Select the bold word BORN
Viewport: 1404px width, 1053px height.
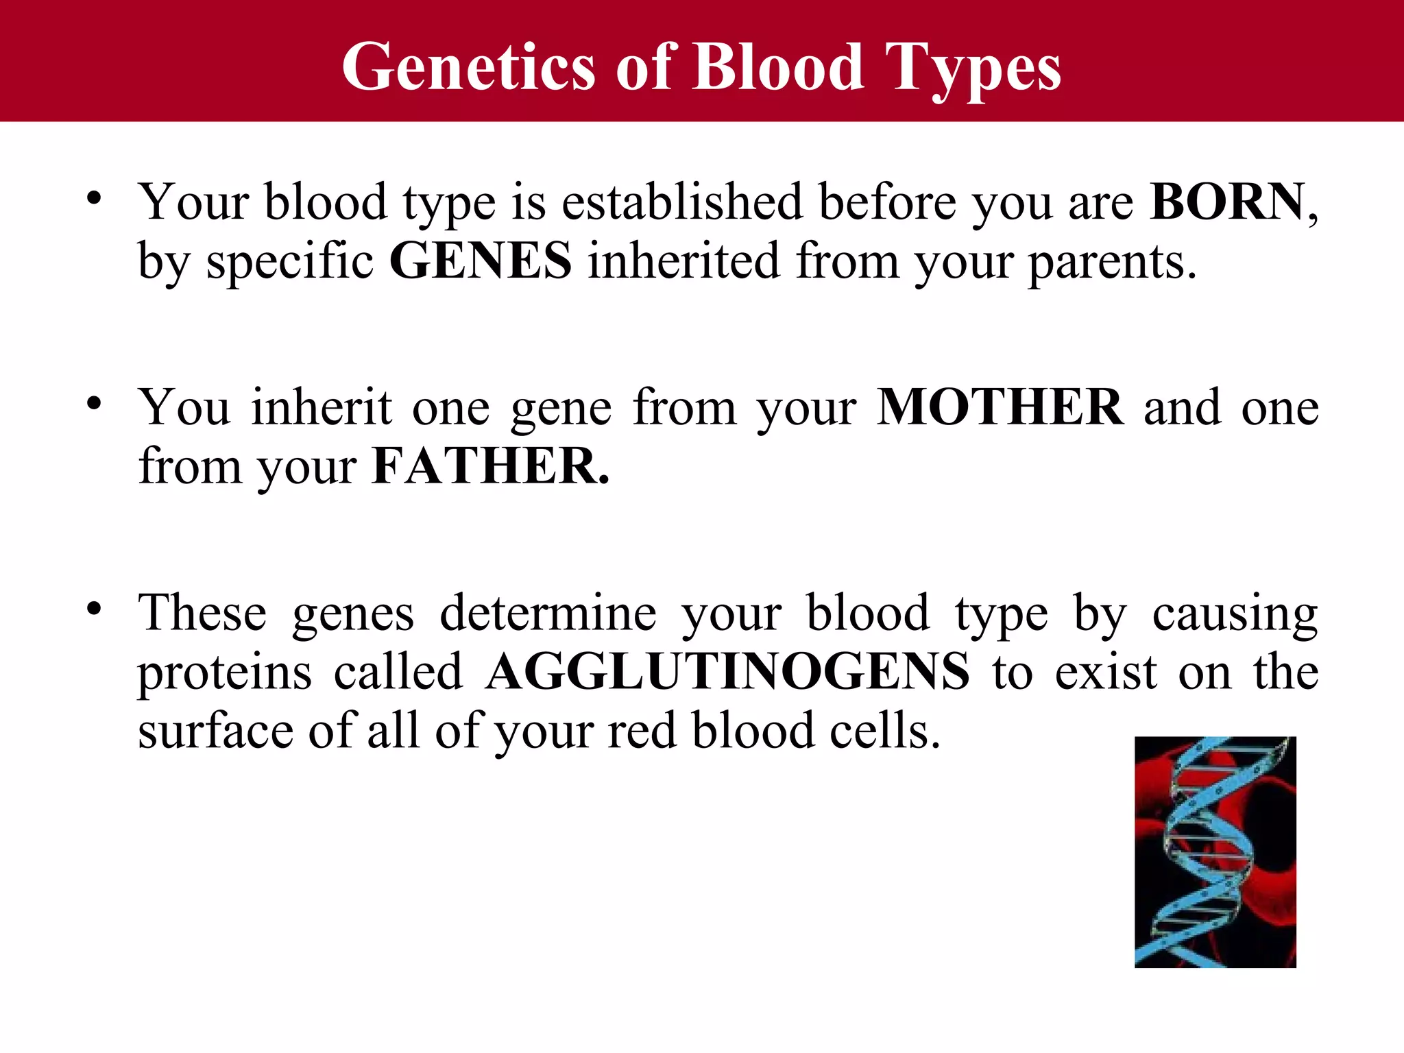click(1228, 202)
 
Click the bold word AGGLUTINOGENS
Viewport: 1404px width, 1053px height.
click(727, 671)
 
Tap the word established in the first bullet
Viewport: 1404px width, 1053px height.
click(682, 202)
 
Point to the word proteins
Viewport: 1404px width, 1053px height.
click(225, 673)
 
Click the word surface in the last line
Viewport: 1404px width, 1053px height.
click(215, 731)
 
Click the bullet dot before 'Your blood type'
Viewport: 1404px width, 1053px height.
click(94, 199)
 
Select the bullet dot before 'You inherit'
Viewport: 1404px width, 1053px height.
click(94, 404)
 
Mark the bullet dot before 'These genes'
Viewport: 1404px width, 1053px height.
click(94, 609)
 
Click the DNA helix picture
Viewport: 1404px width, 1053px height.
click(1215, 851)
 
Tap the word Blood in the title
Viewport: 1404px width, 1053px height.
click(777, 66)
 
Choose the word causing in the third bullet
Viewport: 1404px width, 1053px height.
click(1235, 614)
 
